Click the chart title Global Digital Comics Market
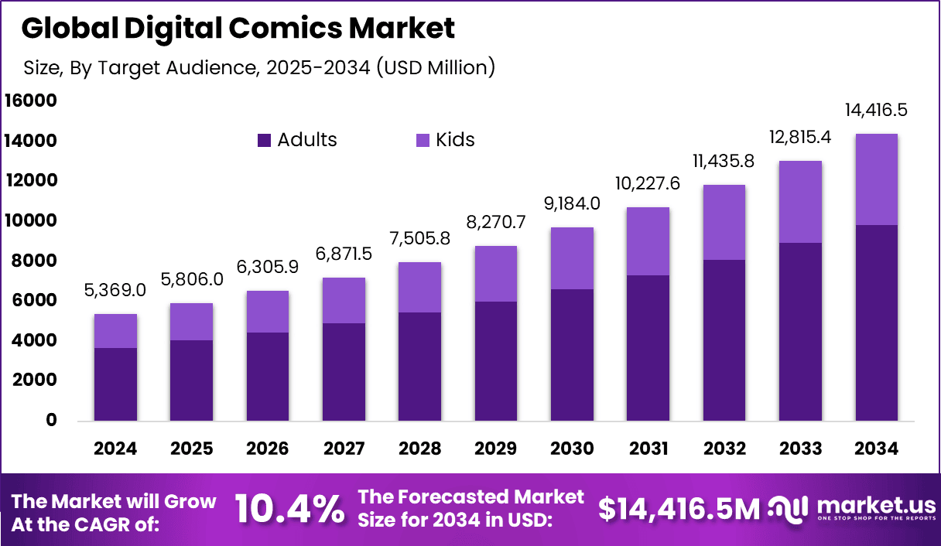238,29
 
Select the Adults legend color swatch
264,140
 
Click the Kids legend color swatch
423,140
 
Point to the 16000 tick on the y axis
30,101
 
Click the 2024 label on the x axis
115,449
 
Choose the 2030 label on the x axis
572,449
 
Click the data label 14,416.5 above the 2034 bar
876,110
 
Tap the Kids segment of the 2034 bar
876,179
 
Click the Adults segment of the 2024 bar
115,384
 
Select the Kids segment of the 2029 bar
495,274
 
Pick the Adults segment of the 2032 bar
724,340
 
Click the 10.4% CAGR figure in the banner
289,509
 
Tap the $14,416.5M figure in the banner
679,509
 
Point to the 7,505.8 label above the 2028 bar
419,240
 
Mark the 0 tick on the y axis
51,420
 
